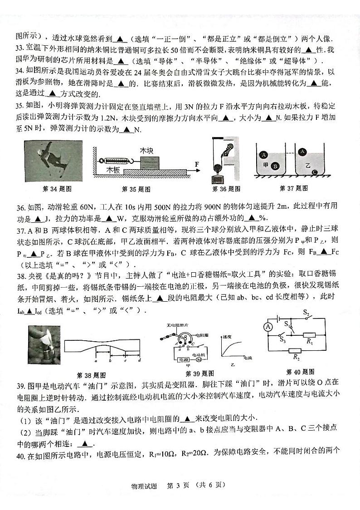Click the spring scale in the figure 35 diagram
[x=117, y=161]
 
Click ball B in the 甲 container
[x=275, y=166]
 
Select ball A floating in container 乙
[x=302, y=152]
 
